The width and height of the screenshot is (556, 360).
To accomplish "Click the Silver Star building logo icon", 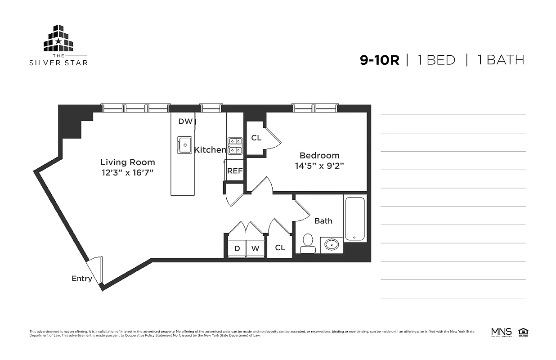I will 58,39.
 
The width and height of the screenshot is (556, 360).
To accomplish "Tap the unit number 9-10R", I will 379,60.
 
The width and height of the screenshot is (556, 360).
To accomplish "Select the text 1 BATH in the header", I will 500,60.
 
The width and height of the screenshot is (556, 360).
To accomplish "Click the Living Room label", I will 127,162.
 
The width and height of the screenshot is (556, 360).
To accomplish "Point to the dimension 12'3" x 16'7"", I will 127,173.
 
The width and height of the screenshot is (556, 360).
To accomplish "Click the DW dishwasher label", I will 185,121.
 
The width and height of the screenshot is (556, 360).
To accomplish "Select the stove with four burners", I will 235,146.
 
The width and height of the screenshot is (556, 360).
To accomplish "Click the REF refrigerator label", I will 235,171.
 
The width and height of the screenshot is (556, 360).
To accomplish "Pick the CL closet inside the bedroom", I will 256,138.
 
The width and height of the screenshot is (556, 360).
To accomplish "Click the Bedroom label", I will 319,156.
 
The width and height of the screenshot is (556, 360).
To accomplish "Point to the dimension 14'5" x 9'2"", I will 319,166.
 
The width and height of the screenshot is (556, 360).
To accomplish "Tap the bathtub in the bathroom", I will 355,218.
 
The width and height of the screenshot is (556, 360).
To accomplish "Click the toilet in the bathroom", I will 308,242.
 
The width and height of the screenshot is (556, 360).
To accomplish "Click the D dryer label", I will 237,248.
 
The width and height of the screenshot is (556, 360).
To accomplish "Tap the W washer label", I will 255,248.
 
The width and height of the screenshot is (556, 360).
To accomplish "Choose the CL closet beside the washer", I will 280,248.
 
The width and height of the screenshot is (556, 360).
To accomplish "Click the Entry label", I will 82,279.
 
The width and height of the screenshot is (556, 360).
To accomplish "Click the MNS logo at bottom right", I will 501,332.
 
